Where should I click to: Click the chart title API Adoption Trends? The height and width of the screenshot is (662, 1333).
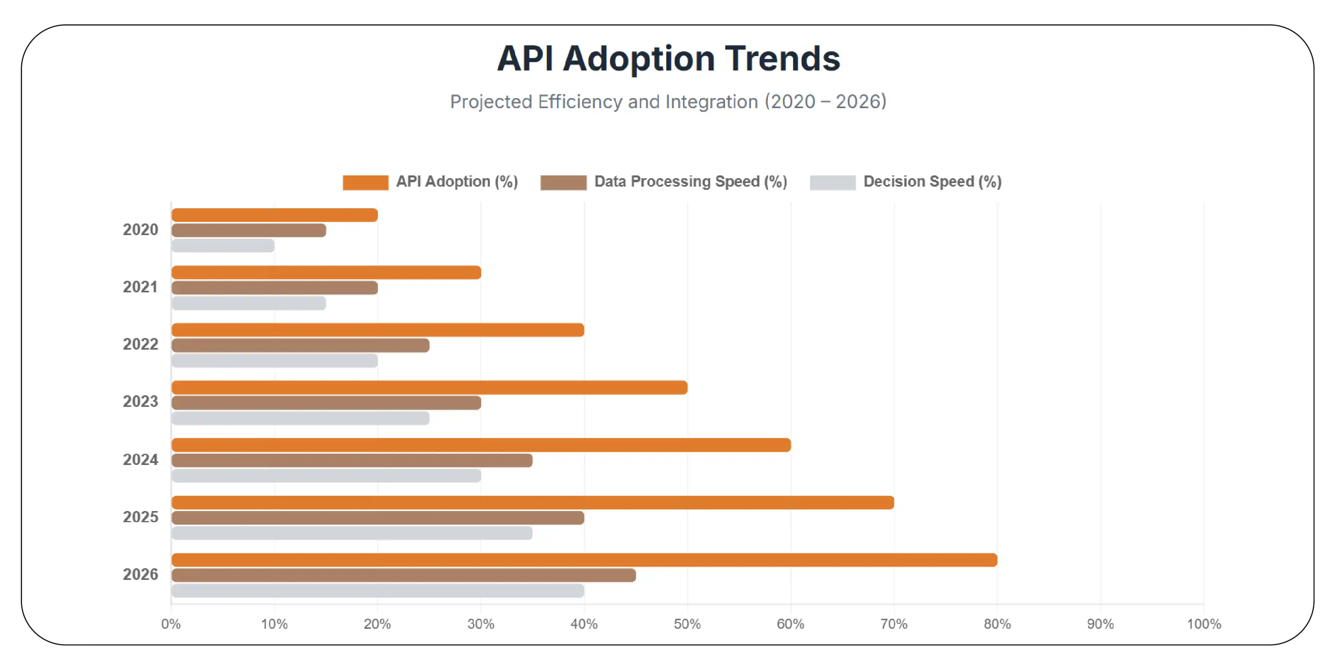point(668,58)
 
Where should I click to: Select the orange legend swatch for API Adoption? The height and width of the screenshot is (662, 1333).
point(365,182)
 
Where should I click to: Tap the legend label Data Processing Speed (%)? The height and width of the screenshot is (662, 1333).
point(690,182)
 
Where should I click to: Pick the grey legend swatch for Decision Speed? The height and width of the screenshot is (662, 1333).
point(832,182)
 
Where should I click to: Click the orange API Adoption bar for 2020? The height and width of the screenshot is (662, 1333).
point(274,215)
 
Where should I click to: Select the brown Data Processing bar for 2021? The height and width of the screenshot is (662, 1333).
point(274,288)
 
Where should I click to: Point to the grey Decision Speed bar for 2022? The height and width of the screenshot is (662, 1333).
point(274,361)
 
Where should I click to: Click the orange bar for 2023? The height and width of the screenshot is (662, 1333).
point(429,387)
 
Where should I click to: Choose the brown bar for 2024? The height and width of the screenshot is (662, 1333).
point(352,460)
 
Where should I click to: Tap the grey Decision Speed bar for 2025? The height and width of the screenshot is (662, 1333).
point(352,533)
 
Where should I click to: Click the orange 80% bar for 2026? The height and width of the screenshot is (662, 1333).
point(584,559)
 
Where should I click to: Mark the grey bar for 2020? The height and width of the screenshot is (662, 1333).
point(223,245)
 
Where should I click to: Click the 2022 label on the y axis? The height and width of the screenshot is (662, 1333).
point(140,344)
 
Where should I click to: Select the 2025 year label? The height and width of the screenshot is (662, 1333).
point(140,517)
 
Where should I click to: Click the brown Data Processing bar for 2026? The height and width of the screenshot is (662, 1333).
point(404,575)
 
